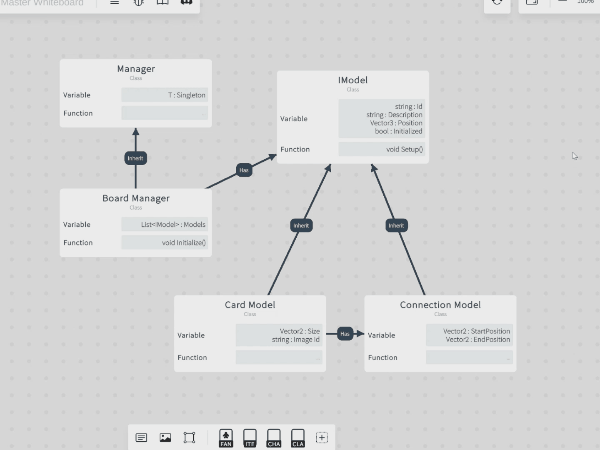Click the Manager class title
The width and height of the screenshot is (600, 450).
(x=136, y=69)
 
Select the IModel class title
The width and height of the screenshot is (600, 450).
(x=353, y=81)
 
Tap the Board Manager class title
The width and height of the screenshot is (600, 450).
(x=136, y=198)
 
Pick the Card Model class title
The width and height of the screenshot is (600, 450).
(x=250, y=305)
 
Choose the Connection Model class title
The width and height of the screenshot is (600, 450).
(x=440, y=305)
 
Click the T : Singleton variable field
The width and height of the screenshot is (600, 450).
(x=165, y=95)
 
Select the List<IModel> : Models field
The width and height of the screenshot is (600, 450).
(x=165, y=224)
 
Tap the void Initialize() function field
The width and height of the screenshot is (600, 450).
(x=165, y=242)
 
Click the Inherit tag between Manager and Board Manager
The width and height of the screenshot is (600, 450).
(x=136, y=158)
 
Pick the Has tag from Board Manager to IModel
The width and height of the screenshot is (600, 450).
(x=244, y=170)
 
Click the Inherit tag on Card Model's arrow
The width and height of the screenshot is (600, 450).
(x=301, y=226)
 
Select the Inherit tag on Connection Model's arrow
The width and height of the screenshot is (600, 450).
(x=396, y=226)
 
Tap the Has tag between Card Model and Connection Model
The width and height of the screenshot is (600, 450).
(x=345, y=334)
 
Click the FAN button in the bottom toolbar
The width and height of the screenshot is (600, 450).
(x=226, y=438)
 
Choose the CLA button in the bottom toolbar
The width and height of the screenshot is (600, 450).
(x=298, y=438)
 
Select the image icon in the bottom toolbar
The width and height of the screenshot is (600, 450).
(x=165, y=438)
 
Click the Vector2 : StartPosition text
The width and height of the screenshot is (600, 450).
(x=477, y=331)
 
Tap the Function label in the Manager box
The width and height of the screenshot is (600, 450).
(x=78, y=113)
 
